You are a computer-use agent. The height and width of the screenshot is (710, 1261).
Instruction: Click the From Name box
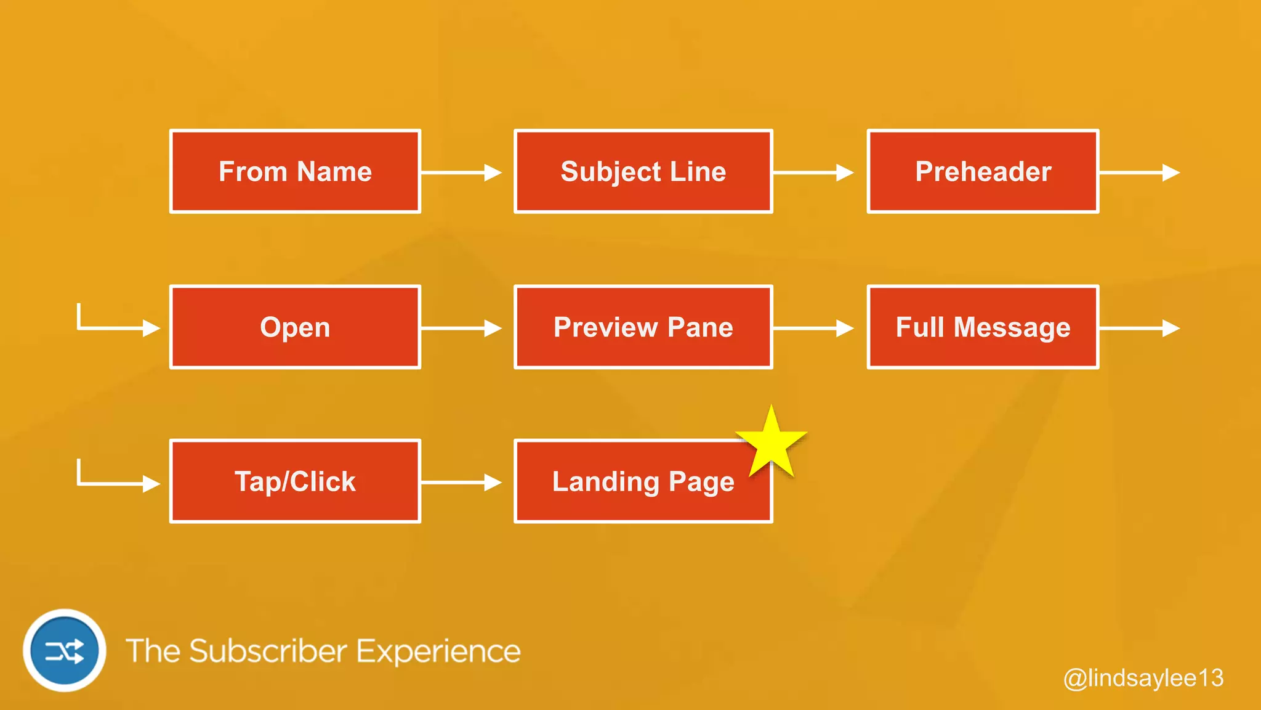tap(295, 171)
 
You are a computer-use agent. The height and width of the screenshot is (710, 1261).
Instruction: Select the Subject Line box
tap(643, 171)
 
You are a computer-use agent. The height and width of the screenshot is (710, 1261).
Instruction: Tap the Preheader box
tap(983, 171)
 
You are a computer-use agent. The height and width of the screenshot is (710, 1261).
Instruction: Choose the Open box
tap(295, 327)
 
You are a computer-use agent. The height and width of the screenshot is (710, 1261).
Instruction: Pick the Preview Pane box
tap(643, 327)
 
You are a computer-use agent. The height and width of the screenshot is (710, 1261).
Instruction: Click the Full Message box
tap(983, 327)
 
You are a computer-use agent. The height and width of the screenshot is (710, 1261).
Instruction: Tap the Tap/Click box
tap(295, 481)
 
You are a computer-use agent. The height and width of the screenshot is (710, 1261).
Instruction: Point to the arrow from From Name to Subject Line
tap(461, 173)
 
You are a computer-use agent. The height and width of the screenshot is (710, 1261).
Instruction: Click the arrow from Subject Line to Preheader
tap(813, 173)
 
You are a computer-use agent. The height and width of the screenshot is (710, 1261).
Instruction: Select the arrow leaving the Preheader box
tap(1139, 173)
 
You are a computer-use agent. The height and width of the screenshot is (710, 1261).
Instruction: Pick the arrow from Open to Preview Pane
tap(461, 328)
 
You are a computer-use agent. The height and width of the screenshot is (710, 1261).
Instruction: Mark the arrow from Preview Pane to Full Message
tap(813, 328)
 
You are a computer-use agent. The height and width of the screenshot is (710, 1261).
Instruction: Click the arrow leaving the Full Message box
tap(1139, 328)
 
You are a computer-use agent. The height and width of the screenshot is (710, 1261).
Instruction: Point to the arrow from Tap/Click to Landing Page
tap(461, 483)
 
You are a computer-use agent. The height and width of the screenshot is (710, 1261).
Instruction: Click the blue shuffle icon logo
tap(65, 651)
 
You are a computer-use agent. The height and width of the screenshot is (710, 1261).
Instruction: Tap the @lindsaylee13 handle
tap(1143, 678)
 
